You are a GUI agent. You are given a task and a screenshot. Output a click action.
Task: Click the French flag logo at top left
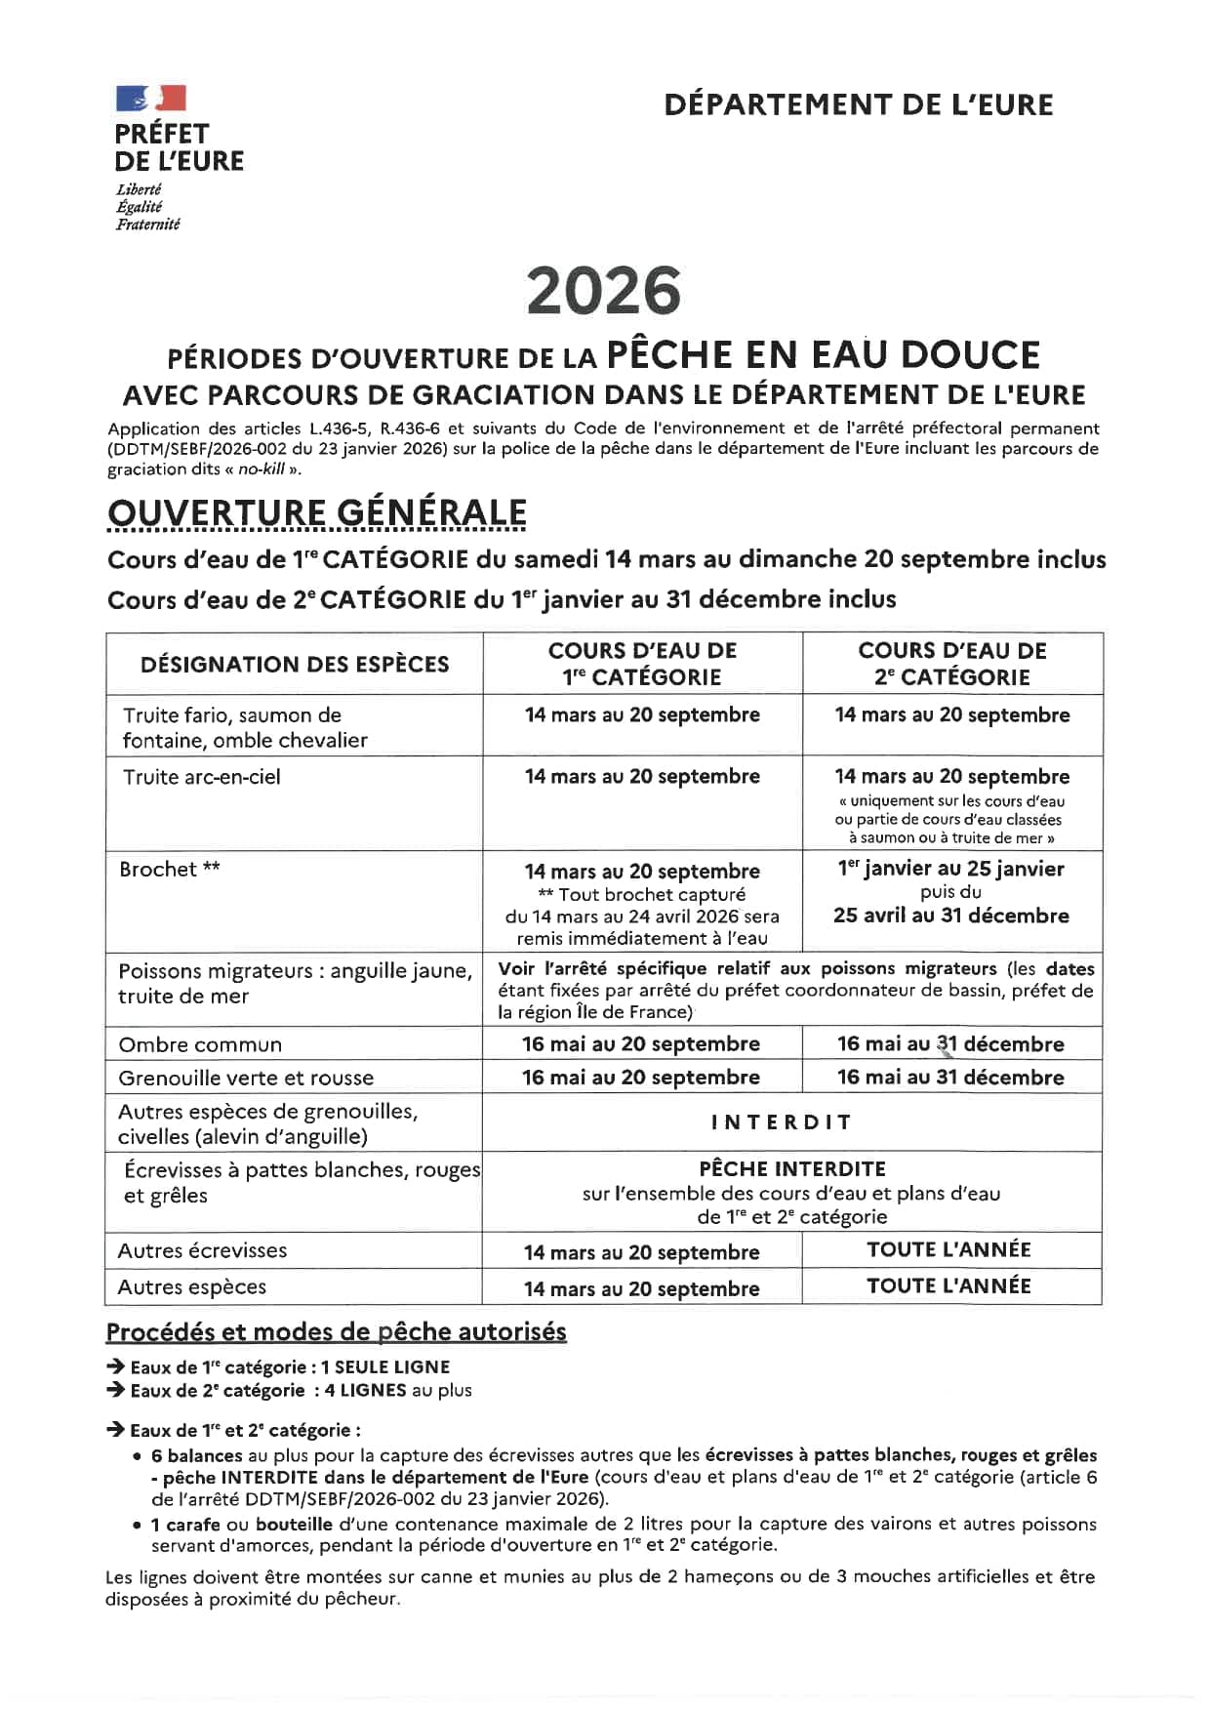coord(150,98)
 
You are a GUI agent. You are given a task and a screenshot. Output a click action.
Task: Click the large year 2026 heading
coord(604,292)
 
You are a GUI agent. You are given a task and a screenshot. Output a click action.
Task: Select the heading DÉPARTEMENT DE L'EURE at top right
coord(858,104)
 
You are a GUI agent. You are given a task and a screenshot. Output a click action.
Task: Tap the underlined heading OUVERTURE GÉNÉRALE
coord(316,513)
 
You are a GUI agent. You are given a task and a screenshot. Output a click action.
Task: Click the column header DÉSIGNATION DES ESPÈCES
coord(295,665)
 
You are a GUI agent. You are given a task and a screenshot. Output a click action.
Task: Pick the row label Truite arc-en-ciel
coord(201,778)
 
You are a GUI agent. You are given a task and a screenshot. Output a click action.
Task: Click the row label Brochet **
coord(170,870)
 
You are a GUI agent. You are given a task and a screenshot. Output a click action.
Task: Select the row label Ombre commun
coord(200,1045)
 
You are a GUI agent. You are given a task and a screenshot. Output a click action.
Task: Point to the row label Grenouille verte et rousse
coord(246,1079)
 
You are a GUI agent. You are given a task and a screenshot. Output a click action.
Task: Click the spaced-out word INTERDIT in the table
coord(781,1122)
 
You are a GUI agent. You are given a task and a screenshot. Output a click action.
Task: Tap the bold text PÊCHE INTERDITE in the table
coord(792,1169)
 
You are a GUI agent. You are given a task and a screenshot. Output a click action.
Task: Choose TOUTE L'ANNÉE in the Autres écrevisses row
coord(948,1250)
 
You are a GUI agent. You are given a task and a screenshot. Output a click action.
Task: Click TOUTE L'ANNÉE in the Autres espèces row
coord(948,1286)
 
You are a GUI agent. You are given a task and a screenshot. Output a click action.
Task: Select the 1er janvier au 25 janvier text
coord(950,869)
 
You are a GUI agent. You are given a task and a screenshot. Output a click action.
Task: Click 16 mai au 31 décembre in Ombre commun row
coord(950,1044)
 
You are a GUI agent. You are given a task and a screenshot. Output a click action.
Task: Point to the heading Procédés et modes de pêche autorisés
coord(336,1332)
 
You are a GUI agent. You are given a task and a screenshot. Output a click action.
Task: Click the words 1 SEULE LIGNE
coord(385,1367)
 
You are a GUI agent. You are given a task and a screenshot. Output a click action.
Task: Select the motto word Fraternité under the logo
coord(148,224)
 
